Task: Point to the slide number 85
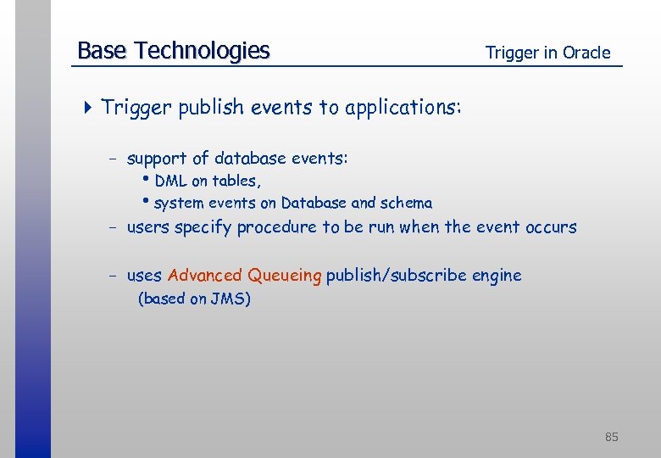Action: (x=611, y=437)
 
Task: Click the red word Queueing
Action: (x=284, y=275)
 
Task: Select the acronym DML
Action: (x=170, y=181)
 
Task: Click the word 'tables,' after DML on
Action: (x=236, y=181)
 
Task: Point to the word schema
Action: (x=406, y=203)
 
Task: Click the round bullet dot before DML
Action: (x=148, y=180)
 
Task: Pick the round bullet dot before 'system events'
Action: (x=148, y=202)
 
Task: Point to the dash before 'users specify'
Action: (x=112, y=227)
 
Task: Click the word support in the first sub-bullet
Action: (x=157, y=159)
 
